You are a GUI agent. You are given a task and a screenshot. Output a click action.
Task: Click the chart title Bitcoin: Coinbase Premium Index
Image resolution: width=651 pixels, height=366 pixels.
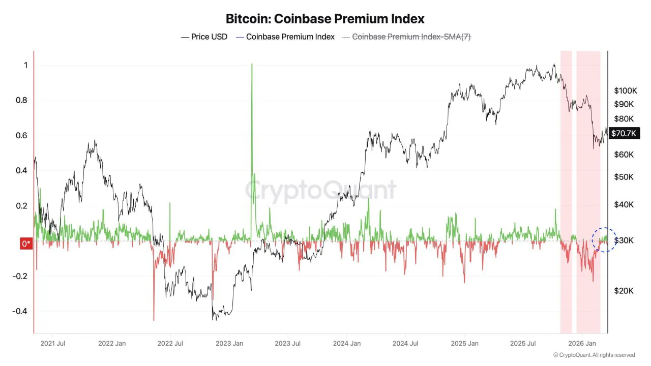325,19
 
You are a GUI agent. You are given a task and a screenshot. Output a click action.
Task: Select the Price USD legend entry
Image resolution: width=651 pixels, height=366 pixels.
204,37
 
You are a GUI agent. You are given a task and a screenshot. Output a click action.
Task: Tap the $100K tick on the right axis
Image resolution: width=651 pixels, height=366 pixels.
625,91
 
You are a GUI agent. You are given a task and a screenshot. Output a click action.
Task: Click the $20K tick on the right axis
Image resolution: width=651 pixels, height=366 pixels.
623,291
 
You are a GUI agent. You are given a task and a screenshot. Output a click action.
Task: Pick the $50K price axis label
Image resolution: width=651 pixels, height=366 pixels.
623,177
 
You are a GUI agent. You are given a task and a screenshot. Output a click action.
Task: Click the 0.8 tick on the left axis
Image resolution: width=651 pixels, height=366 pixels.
21,100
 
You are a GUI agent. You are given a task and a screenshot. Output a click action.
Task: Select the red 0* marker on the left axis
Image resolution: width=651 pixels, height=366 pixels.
26,243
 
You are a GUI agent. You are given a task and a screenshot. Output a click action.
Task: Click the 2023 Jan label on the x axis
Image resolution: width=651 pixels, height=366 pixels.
229,344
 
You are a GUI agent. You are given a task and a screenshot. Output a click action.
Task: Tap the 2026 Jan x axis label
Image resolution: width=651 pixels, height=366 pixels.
582,344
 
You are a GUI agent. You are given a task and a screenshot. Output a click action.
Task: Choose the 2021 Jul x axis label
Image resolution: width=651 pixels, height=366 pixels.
52,344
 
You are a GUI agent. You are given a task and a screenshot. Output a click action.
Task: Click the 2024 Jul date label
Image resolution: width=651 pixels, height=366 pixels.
405,344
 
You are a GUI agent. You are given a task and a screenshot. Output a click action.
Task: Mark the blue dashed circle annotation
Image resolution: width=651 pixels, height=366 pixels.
604,240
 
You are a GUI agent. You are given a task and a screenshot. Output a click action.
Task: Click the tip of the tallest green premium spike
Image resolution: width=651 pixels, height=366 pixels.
252,64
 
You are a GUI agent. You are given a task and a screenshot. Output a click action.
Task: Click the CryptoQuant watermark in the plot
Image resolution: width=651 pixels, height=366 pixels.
320,190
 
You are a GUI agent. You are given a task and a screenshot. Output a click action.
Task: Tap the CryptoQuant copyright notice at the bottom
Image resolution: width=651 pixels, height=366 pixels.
594,355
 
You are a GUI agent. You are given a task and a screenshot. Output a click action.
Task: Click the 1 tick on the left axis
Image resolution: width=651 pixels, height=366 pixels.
25,65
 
